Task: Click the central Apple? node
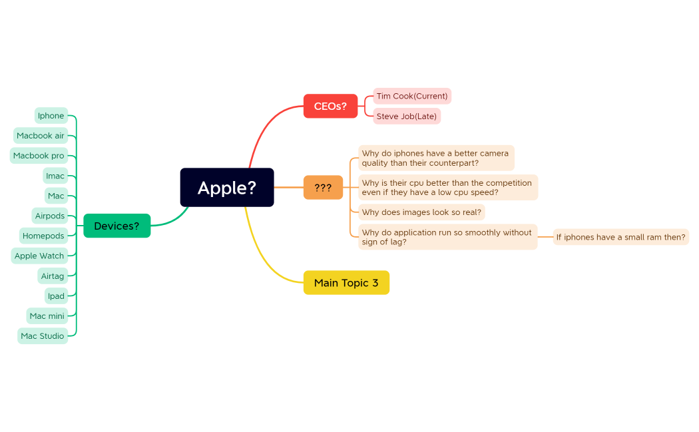coord(227,188)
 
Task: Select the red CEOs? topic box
coord(330,107)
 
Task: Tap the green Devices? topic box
coord(116,226)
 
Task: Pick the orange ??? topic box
coord(323,188)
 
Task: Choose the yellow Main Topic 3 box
coord(346,283)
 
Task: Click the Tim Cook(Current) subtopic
coord(412,96)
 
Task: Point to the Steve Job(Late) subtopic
coord(407,116)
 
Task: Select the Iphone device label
coord(51,116)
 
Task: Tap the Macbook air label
coord(41,136)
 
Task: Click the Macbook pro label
coord(39,156)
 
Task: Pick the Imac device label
coord(55,176)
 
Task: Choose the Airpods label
coord(50,216)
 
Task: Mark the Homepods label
coord(43,236)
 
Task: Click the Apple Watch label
coord(39,256)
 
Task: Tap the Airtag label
coord(53,276)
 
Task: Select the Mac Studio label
coord(43,336)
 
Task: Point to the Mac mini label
coord(47,316)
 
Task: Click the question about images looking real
coord(421,212)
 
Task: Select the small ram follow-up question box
coord(620,237)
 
